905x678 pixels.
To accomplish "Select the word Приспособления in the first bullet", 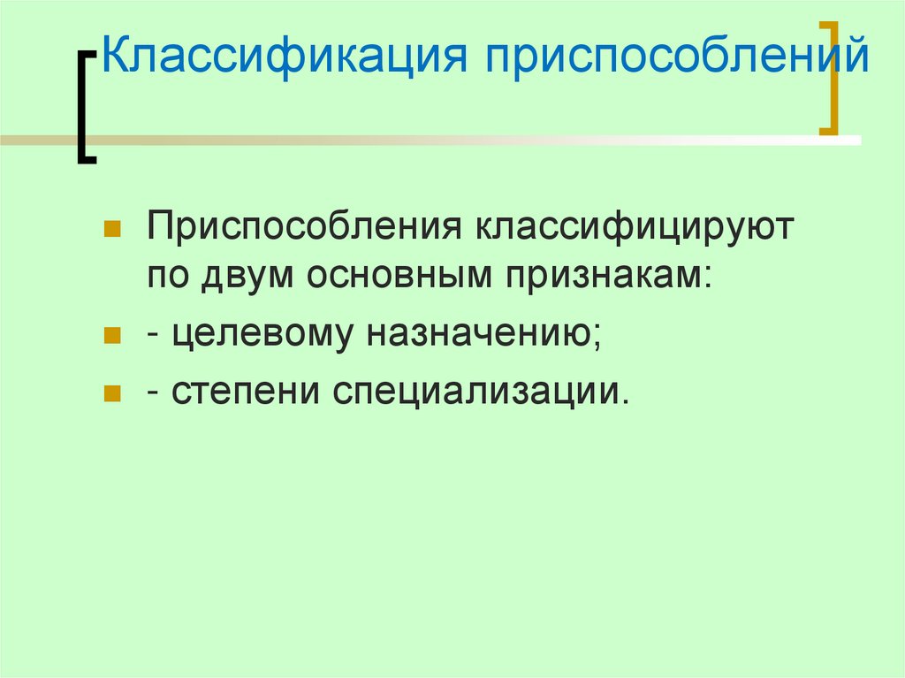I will (x=305, y=230).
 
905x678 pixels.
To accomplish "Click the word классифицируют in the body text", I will (x=636, y=230).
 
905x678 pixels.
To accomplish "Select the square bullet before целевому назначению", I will (x=111, y=336).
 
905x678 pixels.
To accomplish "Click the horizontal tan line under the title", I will (x=442, y=140).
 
